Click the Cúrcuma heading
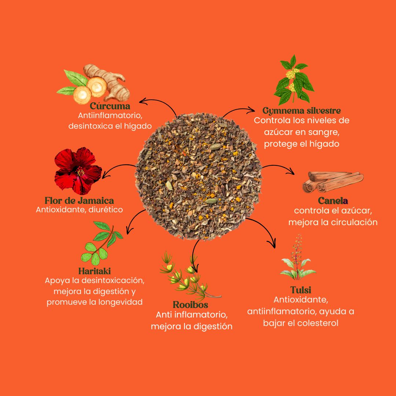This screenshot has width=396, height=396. click(x=110, y=106)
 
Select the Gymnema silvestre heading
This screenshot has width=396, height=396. click(x=301, y=111)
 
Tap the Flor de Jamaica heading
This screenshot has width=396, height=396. click(x=79, y=201)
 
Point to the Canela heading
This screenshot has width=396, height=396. click(x=333, y=201)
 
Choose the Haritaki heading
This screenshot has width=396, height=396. click(x=95, y=271)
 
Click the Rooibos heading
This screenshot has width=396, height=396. click(x=190, y=305)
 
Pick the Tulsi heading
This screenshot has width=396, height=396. click(x=301, y=290)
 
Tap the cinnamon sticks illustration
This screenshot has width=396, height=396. click(x=333, y=182)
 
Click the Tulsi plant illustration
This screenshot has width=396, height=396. click(x=298, y=258)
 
